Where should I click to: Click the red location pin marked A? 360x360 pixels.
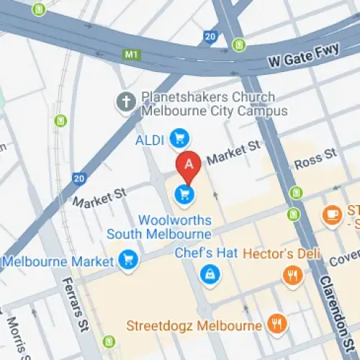point(189,166)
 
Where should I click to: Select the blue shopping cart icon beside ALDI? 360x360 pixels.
point(179,137)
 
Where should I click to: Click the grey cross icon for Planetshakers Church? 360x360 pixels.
point(127,103)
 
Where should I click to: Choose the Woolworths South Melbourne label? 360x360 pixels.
point(159,227)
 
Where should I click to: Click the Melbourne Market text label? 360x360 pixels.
point(58,261)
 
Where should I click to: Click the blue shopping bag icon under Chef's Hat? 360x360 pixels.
point(210,274)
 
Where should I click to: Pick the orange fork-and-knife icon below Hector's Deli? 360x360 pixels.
point(292,275)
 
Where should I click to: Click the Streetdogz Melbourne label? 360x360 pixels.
point(194,325)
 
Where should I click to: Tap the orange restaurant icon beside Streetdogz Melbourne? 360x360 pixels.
point(276,325)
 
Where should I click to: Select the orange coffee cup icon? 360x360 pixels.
point(332,215)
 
